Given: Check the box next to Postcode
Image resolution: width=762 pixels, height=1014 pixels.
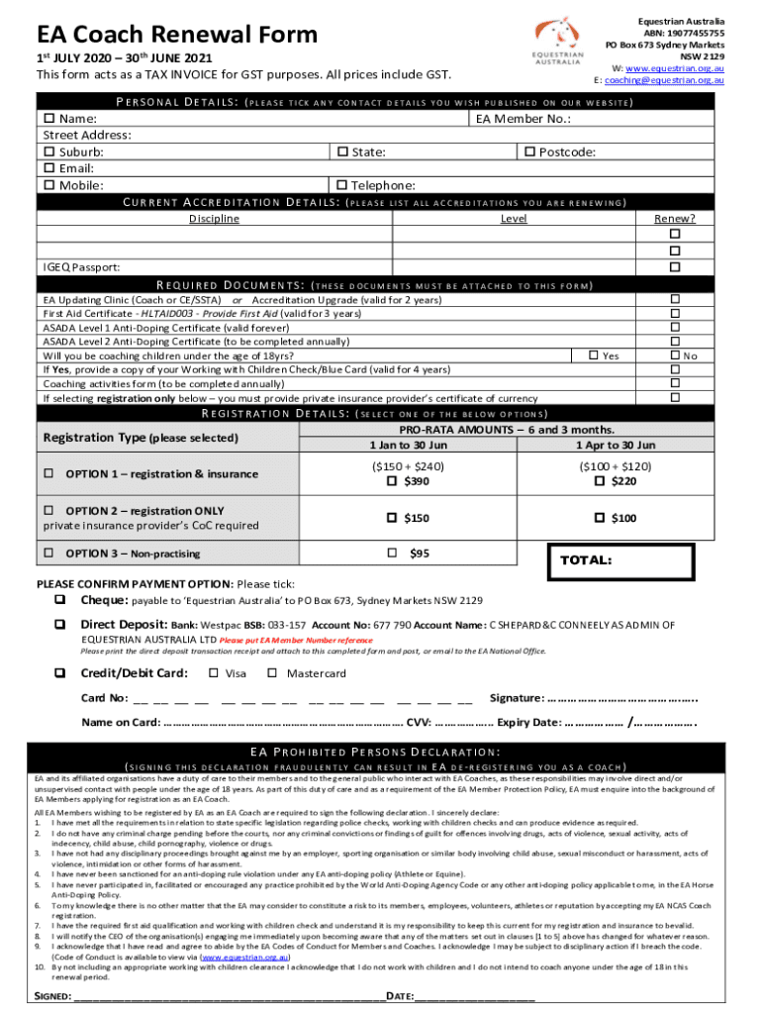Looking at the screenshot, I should [529, 152].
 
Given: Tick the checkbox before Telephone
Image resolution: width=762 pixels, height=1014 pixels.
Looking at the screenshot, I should [342, 185].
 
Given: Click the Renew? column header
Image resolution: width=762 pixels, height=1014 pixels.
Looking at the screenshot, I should [675, 219].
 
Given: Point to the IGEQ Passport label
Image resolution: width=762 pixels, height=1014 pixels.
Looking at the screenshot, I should [82, 267].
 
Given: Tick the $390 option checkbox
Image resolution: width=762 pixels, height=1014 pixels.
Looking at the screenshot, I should [393, 481].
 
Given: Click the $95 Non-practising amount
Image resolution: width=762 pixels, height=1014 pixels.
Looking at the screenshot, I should [419, 553].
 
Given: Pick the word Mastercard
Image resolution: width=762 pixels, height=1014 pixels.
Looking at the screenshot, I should [316, 673].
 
